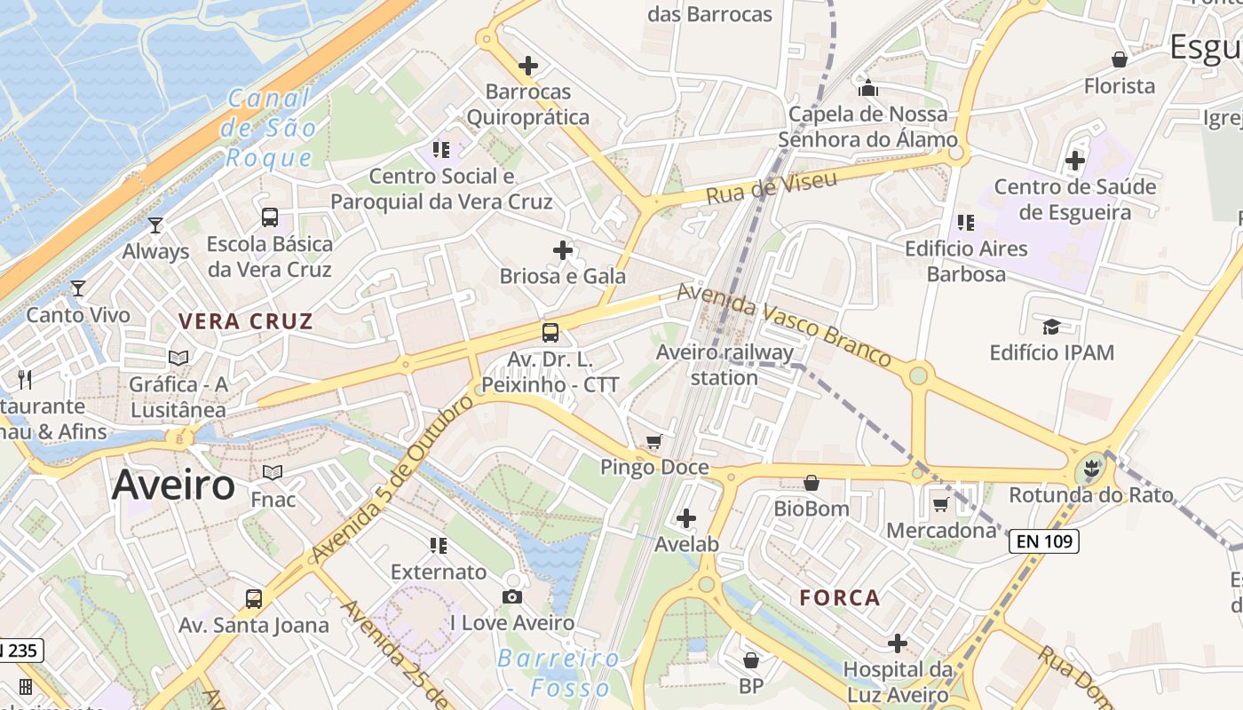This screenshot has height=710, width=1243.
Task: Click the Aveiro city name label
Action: tap(174, 485)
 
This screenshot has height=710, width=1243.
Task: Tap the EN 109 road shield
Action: tap(1043, 540)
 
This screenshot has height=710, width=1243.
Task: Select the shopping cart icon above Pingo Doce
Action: tap(654, 441)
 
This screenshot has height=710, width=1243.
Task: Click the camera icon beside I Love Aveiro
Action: tap(512, 596)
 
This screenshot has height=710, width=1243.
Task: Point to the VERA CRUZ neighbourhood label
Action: tap(246, 321)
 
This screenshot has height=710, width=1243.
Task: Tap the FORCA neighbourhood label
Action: tap(840, 597)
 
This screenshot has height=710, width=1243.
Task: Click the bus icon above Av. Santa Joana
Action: tap(254, 598)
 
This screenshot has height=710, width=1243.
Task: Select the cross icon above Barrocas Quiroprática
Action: tap(528, 65)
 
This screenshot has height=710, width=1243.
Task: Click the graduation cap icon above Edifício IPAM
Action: tap(1051, 327)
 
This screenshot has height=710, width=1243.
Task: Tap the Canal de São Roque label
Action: tap(271, 129)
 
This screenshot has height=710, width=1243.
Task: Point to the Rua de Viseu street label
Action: tap(771, 187)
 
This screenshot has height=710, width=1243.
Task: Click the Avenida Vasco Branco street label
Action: tap(784, 324)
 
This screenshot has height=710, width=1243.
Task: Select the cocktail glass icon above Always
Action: tap(155, 225)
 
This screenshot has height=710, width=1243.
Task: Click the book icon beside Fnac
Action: tap(273, 473)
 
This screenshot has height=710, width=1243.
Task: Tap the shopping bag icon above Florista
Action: tap(1120, 59)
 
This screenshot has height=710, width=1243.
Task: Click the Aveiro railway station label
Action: tap(724, 365)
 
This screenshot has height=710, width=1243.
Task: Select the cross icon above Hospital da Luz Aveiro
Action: tap(898, 643)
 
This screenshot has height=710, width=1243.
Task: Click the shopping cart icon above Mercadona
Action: tap(941, 504)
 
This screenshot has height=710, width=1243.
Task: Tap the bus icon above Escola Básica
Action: tap(269, 217)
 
